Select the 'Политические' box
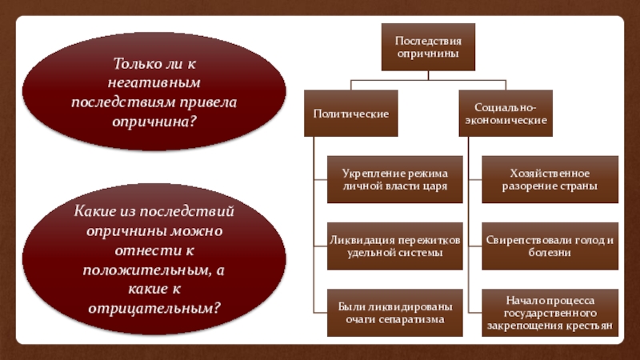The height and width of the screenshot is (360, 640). (x=350, y=114)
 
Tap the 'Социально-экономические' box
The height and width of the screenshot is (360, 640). (x=506, y=114)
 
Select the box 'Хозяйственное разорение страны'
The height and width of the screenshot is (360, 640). (x=550, y=179)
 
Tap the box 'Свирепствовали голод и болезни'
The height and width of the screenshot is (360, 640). (x=550, y=246)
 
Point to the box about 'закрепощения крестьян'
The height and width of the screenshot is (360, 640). (x=550, y=313)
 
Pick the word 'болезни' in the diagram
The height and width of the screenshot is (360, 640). (x=550, y=253)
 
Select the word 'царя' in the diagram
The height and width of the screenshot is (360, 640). (x=432, y=186)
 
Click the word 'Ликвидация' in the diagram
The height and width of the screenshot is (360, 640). (x=358, y=240)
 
